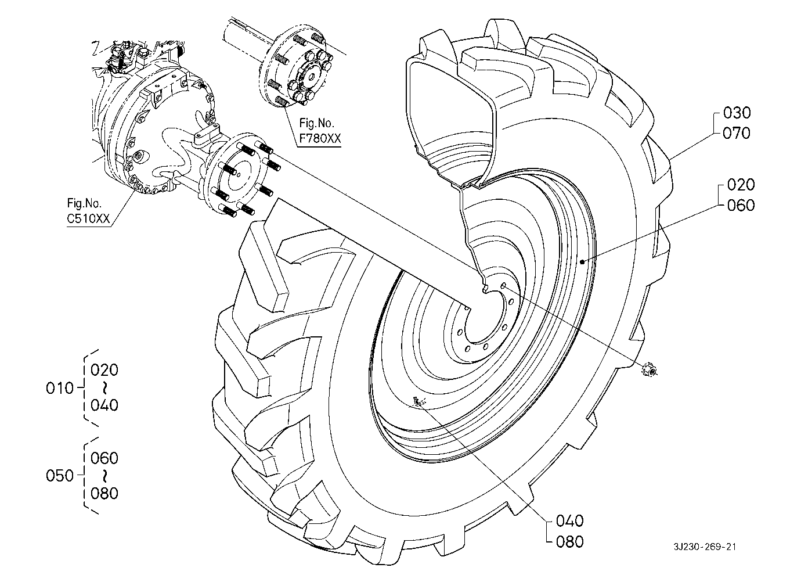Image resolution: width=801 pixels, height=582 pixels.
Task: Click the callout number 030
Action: coord(737,113)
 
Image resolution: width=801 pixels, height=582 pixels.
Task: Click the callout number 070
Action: coord(737,134)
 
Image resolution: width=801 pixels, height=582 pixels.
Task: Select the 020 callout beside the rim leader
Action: coord(741,185)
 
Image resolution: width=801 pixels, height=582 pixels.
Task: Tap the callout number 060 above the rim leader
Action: coord(741,206)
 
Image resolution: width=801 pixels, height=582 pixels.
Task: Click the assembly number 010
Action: coord(60,388)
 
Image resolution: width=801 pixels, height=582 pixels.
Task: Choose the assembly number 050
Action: coord(60,476)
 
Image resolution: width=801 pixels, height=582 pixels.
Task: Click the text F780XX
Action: coord(319,140)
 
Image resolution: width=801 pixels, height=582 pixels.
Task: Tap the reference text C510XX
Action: coord(88,220)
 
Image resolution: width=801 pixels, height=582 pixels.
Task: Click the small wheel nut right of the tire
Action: coord(649,368)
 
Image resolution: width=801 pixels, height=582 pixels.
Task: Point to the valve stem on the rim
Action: coord(418,400)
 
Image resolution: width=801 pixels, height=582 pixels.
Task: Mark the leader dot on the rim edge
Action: coord(582,262)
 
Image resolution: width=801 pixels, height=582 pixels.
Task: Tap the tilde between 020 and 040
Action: coord(104,387)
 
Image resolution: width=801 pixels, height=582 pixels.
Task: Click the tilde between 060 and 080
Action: coord(104,476)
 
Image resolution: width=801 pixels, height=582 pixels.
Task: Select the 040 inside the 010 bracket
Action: coord(104,405)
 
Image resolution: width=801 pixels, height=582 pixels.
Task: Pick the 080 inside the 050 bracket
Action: coord(104,493)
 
